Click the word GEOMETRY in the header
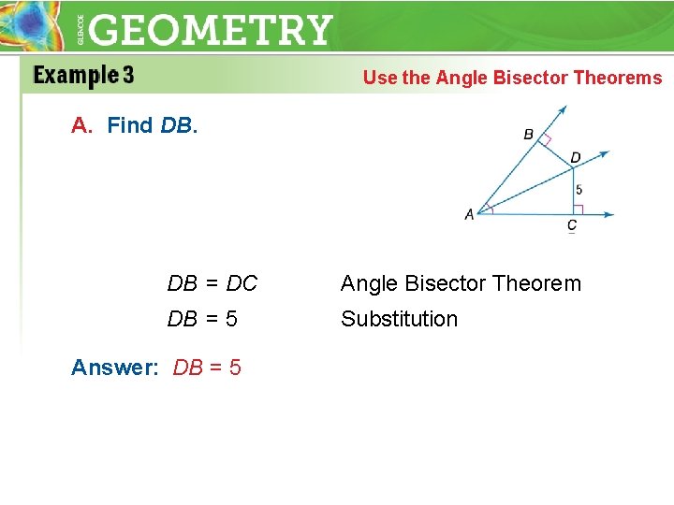pos(212,30)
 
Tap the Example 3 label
pos(83,75)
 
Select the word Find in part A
pos(130,125)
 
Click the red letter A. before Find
pos(82,125)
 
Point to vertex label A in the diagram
pos(469,214)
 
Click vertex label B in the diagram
pos(528,135)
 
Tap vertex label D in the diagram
pos(575,157)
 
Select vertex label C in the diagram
pos(572,225)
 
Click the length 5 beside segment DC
pos(579,190)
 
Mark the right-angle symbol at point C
pos(579,209)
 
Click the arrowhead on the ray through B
pos(562,110)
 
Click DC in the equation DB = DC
pos(242,283)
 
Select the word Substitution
pos(399,319)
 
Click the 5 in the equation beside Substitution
pos(231,319)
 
